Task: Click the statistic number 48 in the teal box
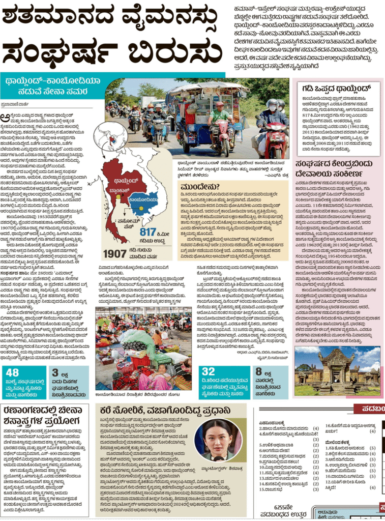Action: point(12,372)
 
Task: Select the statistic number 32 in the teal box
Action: point(208,372)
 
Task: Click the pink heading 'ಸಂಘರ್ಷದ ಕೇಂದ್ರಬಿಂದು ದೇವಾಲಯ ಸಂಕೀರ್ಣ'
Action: point(336,168)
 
